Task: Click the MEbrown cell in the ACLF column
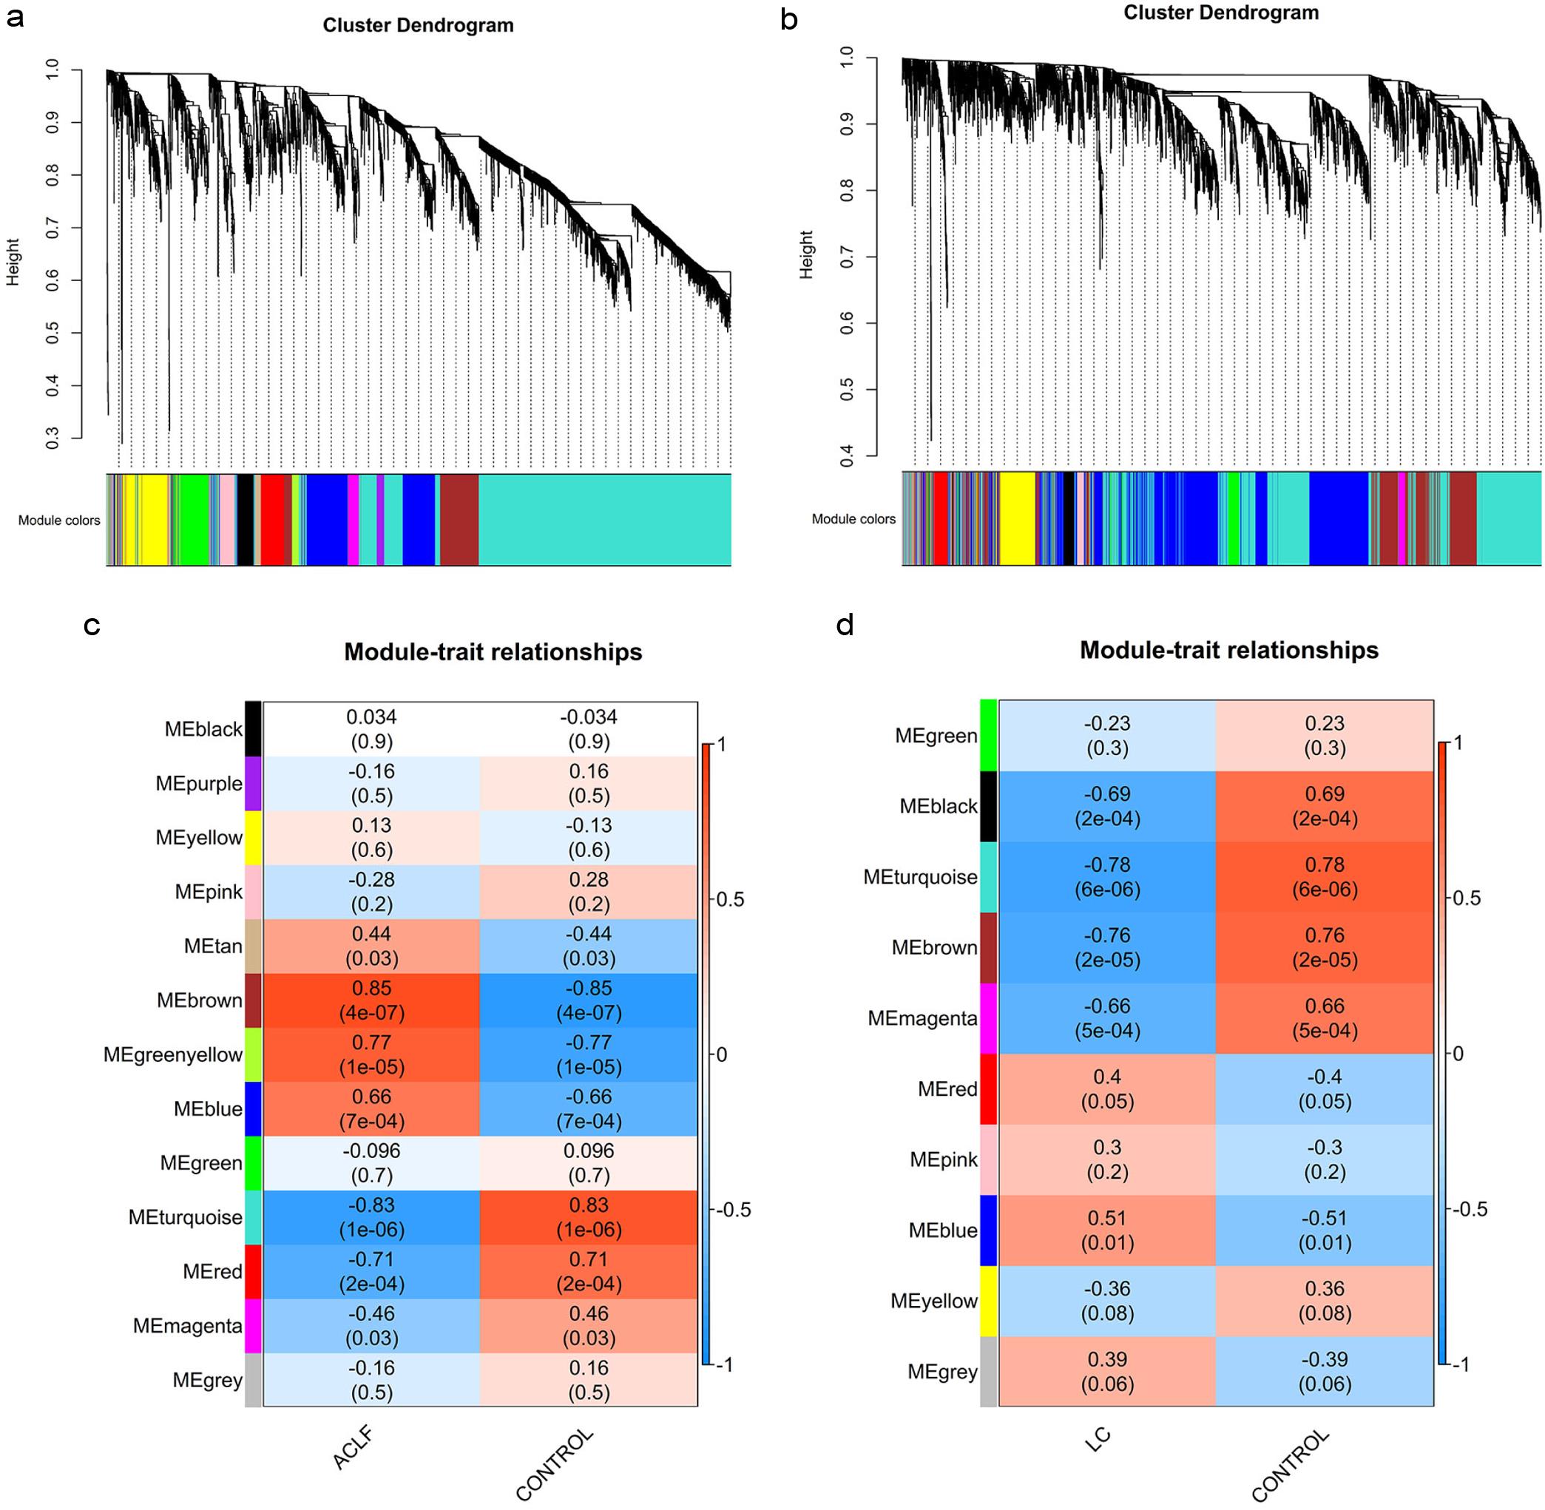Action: (x=371, y=1000)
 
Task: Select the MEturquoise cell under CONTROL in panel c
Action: (x=589, y=1216)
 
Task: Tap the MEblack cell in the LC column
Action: (x=1107, y=806)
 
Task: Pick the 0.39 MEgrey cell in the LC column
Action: (x=1107, y=1371)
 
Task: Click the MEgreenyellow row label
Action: (x=173, y=1054)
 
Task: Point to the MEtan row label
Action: (x=212, y=946)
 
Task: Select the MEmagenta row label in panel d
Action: (x=922, y=1018)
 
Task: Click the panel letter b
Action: (x=788, y=20)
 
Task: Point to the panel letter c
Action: (x=91, y=626)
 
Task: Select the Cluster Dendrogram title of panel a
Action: (x=418, y=25)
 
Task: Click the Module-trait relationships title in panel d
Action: (x=1228, y=650)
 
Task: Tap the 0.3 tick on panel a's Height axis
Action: (x=53, y=438)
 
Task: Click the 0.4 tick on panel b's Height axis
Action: (x=846, y=456)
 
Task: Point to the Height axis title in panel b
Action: (x=807, y=254)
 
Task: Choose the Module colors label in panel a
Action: (x=59, y=521)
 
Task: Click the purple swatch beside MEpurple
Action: (x=253, y=784)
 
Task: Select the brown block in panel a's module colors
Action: (x=459, y=519)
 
